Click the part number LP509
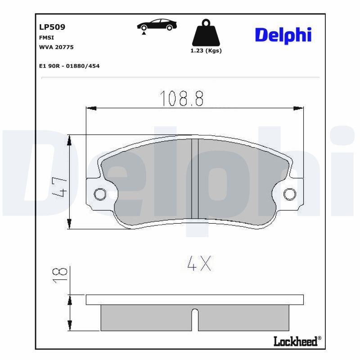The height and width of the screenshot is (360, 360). (x=52, y=27)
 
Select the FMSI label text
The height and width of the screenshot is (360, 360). (x=47, y=38)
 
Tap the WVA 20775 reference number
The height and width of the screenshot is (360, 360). (x=56, y=47)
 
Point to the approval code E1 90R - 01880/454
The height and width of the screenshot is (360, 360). (x=69, y=66)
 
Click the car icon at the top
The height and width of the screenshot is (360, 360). (x=157, y=25)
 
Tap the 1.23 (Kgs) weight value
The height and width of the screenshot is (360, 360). (x=207, y=51)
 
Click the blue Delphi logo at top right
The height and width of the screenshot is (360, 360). (x=283, y=35)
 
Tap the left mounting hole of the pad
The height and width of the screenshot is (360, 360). (x=99, y=194)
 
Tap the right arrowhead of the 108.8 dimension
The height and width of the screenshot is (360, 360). (x=298, y=108)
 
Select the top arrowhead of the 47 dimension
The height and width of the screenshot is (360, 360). (x=69, y=140)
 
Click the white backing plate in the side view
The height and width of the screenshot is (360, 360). (x=194, y=300)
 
